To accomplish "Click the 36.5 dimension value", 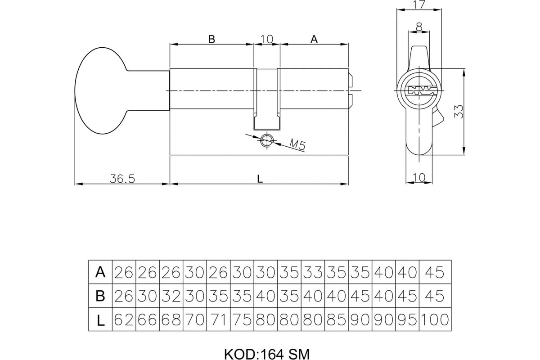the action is click(x=122, y=179).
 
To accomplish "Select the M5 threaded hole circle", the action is click(x=267, y=140).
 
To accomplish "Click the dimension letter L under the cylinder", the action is click(x=260, y=179).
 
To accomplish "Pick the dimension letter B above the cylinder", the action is click(x=211, y=39).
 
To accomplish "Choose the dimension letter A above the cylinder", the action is click(x=314, y=39).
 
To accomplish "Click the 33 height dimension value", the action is click(x=459, y=112).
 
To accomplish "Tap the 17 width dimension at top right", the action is click(x=419, y=5).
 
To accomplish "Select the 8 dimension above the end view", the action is click(x=419, y=27).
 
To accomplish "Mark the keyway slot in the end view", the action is click(x=419, y=90).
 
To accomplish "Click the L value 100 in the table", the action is click(x=435, y=319).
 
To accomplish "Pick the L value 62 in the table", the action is click(x=124, y=319).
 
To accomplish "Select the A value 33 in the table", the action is click(x=313, y=272).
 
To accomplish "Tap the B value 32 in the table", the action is click(x=171, y=296).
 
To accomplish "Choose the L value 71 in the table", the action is click(x=218, y=319).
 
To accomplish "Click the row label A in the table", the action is click(x=100, y=272).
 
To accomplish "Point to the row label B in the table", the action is click(x=100, y=296).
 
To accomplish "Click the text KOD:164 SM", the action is click(x=267, y=355).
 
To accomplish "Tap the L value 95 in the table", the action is click(x=407, y=319).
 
